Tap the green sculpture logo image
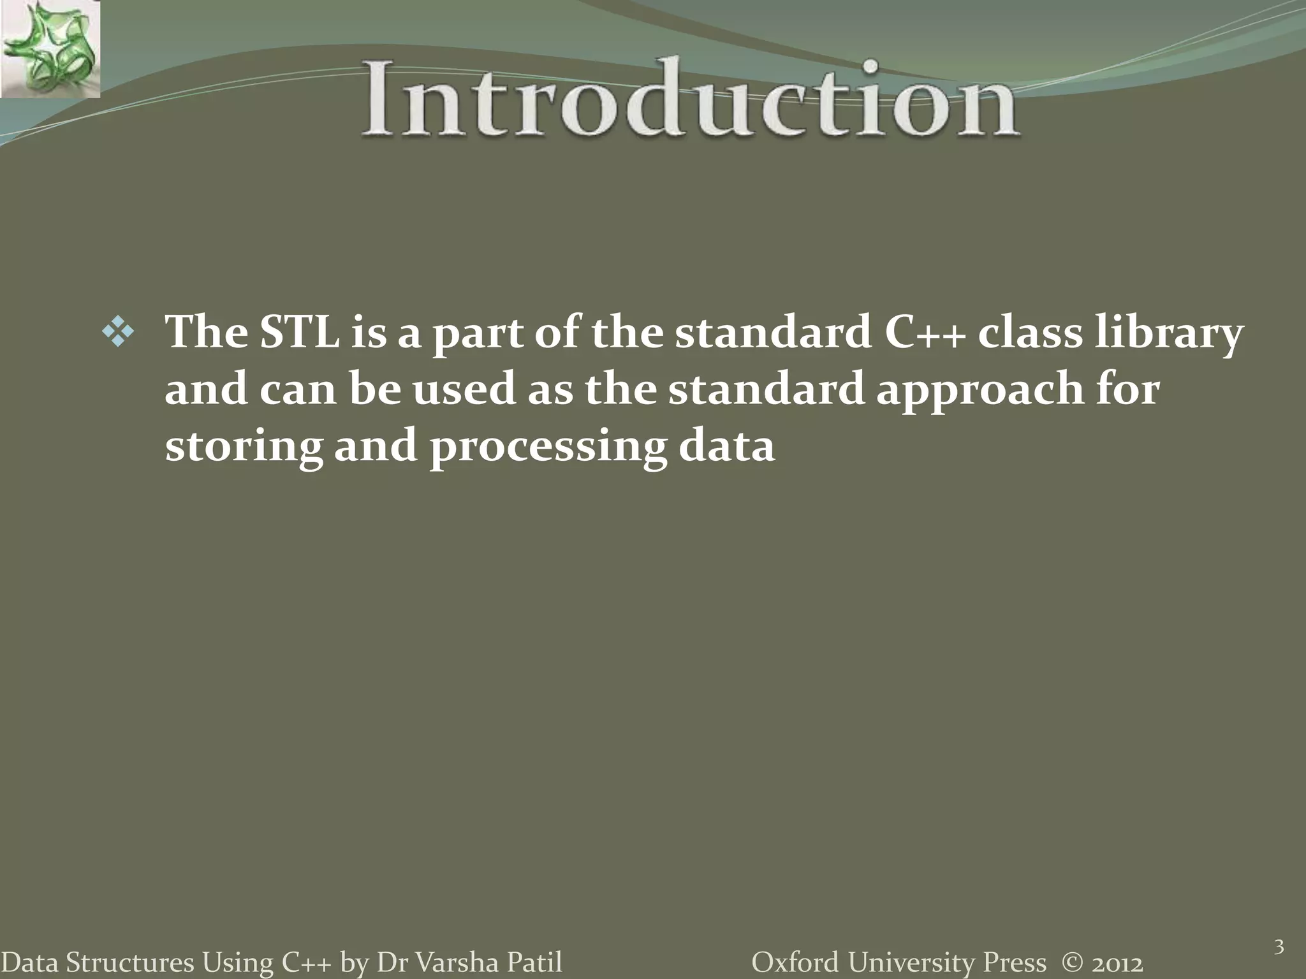50,48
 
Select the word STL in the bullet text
299,333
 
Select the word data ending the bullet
726,446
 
